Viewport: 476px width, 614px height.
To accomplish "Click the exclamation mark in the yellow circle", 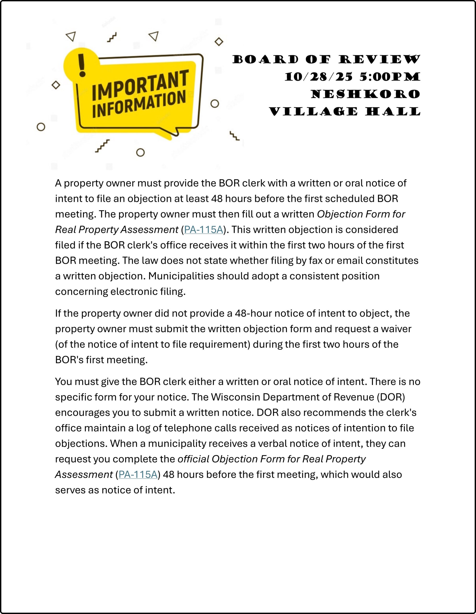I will point(82,65).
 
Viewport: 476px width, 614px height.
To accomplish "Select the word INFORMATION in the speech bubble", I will point(139,104).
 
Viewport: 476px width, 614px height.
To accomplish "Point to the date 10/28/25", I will point(318,77).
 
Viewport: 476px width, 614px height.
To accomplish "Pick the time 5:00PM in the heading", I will point(390,77).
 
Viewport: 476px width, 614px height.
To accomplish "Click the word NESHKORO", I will point(365,94).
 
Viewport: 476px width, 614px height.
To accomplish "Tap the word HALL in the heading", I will point(393,112).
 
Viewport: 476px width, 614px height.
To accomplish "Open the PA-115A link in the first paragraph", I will point(203,230).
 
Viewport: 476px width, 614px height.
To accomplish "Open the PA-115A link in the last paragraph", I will point(138,475).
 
